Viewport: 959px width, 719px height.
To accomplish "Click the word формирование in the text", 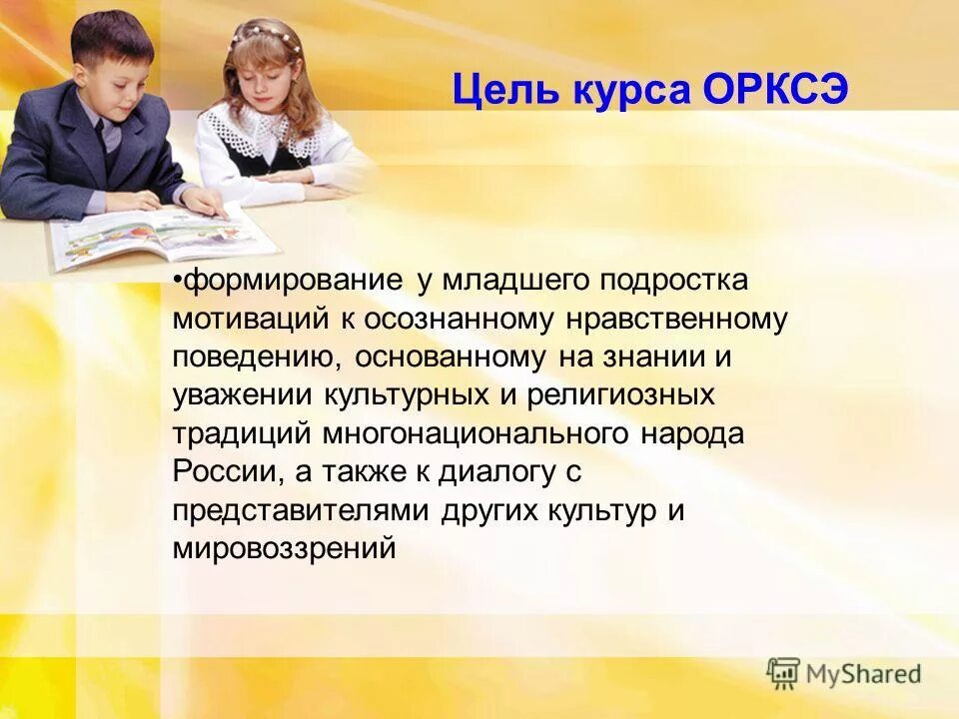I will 293,282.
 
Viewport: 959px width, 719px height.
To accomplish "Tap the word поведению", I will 260,357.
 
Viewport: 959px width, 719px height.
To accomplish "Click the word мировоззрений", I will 284,546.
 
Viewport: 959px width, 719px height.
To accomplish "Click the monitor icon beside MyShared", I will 784,673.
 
